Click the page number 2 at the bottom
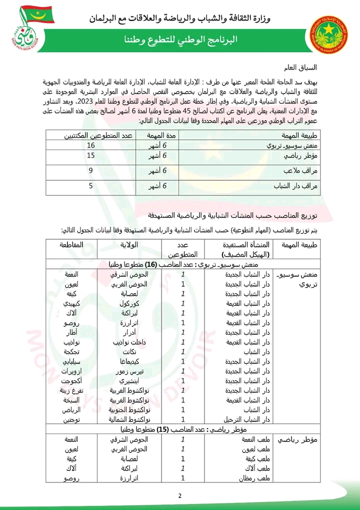179,495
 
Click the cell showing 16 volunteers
91,146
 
